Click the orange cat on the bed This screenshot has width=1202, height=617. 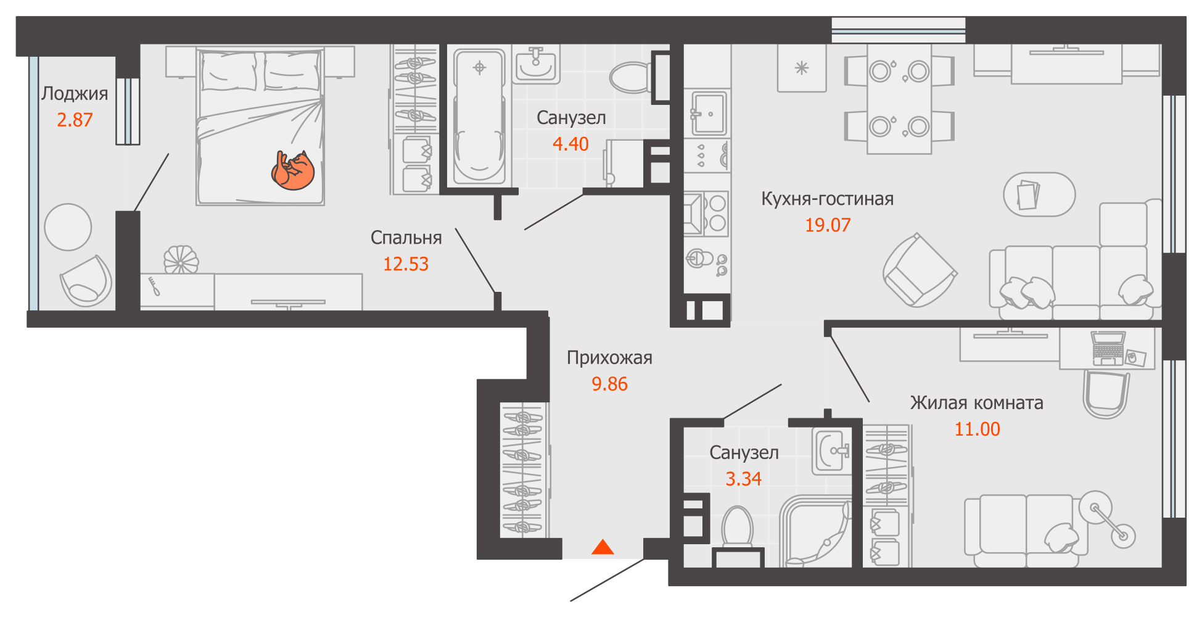click(x=293, y=171)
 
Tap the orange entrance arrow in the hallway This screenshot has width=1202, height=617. click(x=603, y=547)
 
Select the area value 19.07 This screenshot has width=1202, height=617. click(x=827, y=225)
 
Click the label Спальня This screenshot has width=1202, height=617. click(x=406, y=238)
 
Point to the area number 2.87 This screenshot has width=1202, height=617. click(x=75, y=120)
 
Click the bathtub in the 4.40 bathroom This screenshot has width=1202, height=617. click(x=479, y=117)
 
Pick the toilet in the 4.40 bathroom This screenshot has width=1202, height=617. click(x=630, y=77)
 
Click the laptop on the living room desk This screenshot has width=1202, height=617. click(x=1108, y=347)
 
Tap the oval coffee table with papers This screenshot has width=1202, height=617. click(x=1039, y=195)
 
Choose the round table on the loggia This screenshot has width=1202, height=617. click(x=68, y=227)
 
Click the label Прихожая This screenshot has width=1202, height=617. click(x=609, y=358)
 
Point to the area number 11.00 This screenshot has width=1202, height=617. click(x=977, y=429)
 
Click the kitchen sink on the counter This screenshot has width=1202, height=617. click(x=708, y=113)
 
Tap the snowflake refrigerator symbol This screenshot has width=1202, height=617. click(x=801, y=68)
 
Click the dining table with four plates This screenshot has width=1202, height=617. click(x=899, y=99)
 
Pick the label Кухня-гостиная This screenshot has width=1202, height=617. click(x=827, y=199)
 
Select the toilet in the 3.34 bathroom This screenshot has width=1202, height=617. click(x=737, y=528)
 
